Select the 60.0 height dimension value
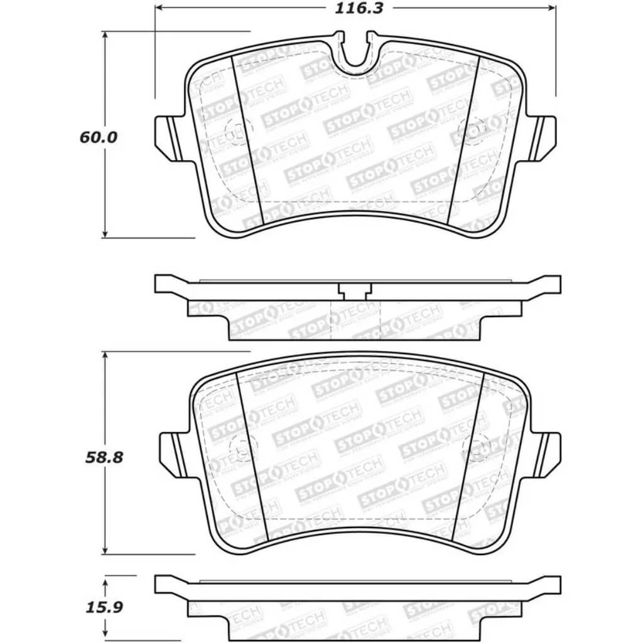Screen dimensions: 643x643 [x=99, y=137]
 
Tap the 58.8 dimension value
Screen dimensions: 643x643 [x=105, y=457]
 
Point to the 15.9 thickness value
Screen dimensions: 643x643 [x=104, y=607]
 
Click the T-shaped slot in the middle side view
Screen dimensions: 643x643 [x=355, y=290]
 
